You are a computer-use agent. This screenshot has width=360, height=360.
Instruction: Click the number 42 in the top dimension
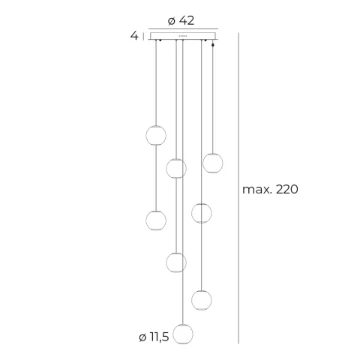coord(187,20)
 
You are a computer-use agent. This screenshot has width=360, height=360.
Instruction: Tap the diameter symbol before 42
coord(172,20)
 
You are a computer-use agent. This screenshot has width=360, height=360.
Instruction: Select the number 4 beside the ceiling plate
coord(133,35)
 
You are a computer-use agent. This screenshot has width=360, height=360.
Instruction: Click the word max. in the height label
coord(257,189)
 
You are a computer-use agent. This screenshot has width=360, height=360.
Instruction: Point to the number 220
coord(286,189)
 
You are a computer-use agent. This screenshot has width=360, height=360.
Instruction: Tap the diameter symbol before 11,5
coord(143,337)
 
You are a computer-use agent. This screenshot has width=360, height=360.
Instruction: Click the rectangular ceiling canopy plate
coord(184,35)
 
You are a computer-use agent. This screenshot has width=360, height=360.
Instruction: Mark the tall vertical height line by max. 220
coord(238,187)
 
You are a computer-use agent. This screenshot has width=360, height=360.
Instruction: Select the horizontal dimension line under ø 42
coord(184,28)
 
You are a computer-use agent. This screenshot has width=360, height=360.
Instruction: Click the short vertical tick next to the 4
coord(144,35)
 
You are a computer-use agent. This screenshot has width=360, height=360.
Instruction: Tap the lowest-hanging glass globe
coord(181,334)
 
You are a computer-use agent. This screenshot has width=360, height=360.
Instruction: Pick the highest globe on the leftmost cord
coord(156,136)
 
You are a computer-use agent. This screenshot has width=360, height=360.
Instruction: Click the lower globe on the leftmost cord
coord(156,220)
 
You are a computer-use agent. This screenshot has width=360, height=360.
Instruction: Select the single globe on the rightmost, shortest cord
coord(213,162)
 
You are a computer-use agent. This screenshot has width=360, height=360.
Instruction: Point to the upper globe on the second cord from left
coord(176,168)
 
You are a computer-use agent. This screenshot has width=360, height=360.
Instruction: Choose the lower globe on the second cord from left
coord(176,262)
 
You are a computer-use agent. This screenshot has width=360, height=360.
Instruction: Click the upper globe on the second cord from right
coord(201,213)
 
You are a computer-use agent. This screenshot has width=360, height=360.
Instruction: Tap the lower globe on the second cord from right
coord(201,300)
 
